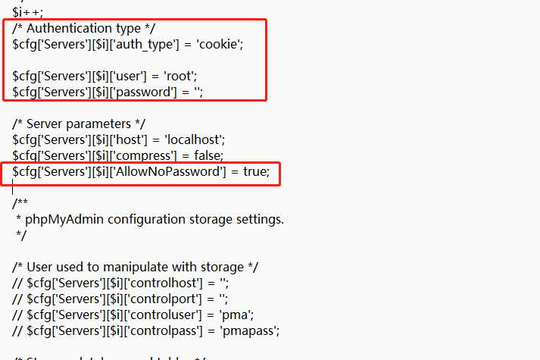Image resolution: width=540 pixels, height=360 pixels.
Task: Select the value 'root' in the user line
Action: (192, 76)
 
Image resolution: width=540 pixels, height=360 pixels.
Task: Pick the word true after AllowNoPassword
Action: (255, 172)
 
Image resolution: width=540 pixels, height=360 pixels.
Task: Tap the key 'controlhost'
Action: (170, 283)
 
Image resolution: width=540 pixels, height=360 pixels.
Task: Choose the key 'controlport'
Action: (170, 299)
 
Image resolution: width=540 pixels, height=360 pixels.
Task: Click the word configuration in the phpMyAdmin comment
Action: (145, 219)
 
